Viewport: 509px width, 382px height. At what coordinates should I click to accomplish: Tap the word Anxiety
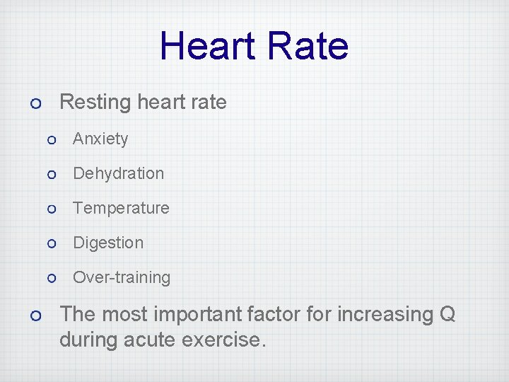coord(100,139)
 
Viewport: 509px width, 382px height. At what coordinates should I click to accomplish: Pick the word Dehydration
coord(118,174)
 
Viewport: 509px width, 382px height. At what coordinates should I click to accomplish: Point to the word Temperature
coord(121,209)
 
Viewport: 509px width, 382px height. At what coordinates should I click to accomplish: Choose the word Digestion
coord(108,243)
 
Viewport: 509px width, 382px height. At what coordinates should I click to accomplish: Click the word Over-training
coord(122,278)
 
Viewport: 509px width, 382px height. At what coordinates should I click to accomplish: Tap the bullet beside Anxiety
coord(51,140)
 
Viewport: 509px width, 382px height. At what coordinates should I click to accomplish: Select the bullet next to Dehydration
coord(51,175)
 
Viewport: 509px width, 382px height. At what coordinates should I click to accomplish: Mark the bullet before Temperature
coord(51,209)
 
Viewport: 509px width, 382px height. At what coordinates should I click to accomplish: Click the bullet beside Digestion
coord(51,244)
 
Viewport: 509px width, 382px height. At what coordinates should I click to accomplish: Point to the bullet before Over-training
coord(51,279)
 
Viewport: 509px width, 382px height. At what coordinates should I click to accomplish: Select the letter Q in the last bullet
coord(447,314)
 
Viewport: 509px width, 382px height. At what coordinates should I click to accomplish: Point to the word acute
coord(151,340)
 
